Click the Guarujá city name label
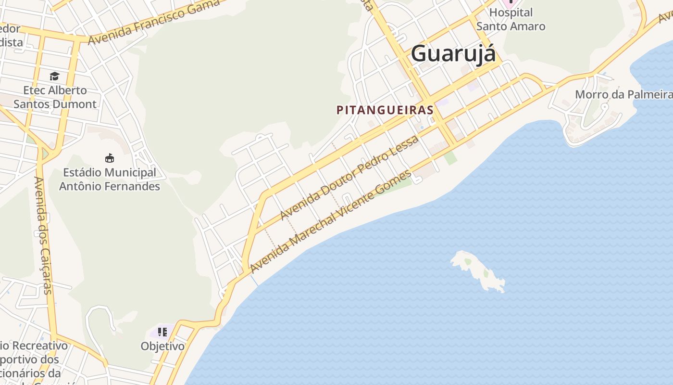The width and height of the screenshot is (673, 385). (x=453, y=53)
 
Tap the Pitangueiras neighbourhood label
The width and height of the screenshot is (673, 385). (x=385, y=110)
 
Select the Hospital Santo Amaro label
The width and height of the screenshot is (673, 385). (x=511, y=19)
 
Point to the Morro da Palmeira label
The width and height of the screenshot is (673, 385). (x=623, y=94)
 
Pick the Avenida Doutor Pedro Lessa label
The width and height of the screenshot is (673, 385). (x=349, y=178)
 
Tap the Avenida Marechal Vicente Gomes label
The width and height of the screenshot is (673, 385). (x=331, y=221)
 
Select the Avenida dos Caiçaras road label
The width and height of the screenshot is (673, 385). (x=43, y=235)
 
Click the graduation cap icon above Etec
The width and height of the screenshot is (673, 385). (x=54, y=77)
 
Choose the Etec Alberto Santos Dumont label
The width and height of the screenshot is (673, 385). (x=55, y=97)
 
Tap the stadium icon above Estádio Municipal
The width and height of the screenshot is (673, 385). (x=110, y=158)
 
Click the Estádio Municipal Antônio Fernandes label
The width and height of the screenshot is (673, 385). (x=110, y=179)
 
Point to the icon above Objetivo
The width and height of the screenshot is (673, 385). (x=162, y=332)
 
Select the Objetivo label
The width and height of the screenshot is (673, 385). (x=162, y=346)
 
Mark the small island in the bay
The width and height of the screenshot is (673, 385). (x=477, y=271)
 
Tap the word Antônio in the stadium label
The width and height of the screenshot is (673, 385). (x=81, y=186)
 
